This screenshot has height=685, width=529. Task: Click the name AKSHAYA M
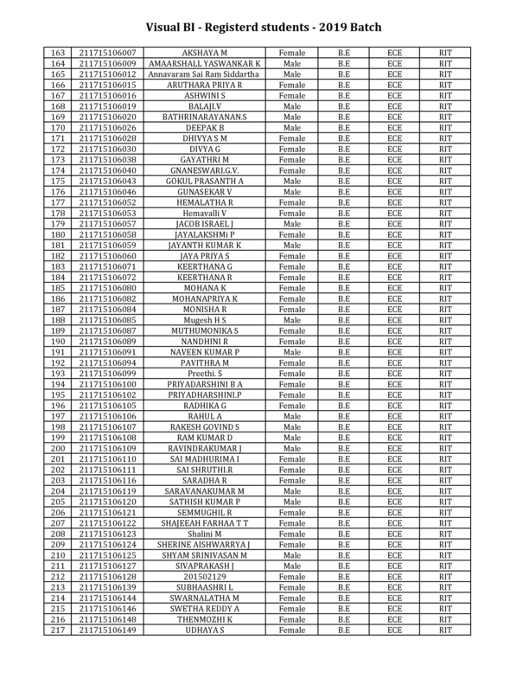click(205, 54)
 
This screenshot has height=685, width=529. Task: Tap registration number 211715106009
click(107, 64)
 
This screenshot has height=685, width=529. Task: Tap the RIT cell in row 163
click(446, 54)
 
